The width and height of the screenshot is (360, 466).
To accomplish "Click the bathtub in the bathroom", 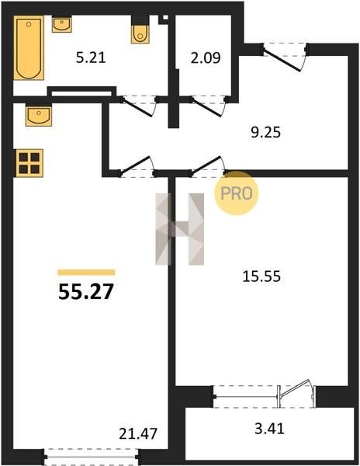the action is (29, 48).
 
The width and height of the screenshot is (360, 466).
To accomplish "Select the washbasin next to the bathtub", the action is (62, 24).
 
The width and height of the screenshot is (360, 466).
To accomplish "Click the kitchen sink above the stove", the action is (39, 116).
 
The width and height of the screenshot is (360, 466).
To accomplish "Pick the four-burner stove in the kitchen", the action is (29, 163).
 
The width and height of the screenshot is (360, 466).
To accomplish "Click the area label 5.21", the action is (91, 57).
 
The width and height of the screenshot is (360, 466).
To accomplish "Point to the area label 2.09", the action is (206, 57).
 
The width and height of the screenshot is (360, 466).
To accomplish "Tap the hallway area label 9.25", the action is (265, 132).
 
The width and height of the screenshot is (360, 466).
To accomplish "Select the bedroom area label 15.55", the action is (261, 276).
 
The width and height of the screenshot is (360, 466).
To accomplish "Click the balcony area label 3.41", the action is (269, 429).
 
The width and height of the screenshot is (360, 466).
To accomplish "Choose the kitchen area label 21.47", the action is (138, 433).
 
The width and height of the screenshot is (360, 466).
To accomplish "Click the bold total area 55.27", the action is (86, 291).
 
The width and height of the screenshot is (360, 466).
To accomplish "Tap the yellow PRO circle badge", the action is (237, 193).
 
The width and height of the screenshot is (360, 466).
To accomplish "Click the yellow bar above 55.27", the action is (86, 273).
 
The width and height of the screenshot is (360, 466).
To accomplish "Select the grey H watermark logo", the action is (180, 229).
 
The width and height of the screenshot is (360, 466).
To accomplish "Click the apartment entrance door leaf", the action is (282, 61).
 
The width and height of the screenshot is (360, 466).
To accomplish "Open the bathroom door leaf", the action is (137, 108).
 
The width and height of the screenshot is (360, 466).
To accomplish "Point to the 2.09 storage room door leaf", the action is (207, 108).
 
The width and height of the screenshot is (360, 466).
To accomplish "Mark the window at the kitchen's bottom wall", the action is (91, 457).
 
